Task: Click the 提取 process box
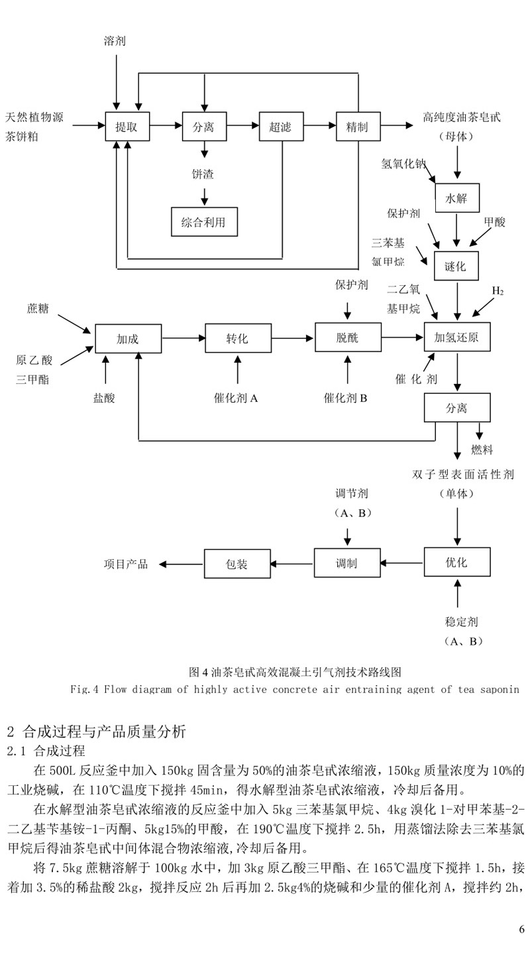(127, 126)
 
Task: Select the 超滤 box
(281, 126)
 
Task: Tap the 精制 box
(358, 126)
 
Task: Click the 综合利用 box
(203, 222)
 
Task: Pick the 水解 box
(456, 198)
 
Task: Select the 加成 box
(128, 338)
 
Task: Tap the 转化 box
(237, 338)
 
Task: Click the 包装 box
(237, 564)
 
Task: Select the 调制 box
(346, 564)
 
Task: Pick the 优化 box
(456, 562)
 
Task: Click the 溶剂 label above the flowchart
(115, 41)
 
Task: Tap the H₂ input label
(498, 290)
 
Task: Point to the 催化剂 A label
(237, 399)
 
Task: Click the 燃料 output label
(482, 450)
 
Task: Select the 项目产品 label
(126, 564)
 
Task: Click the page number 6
(521, 929)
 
